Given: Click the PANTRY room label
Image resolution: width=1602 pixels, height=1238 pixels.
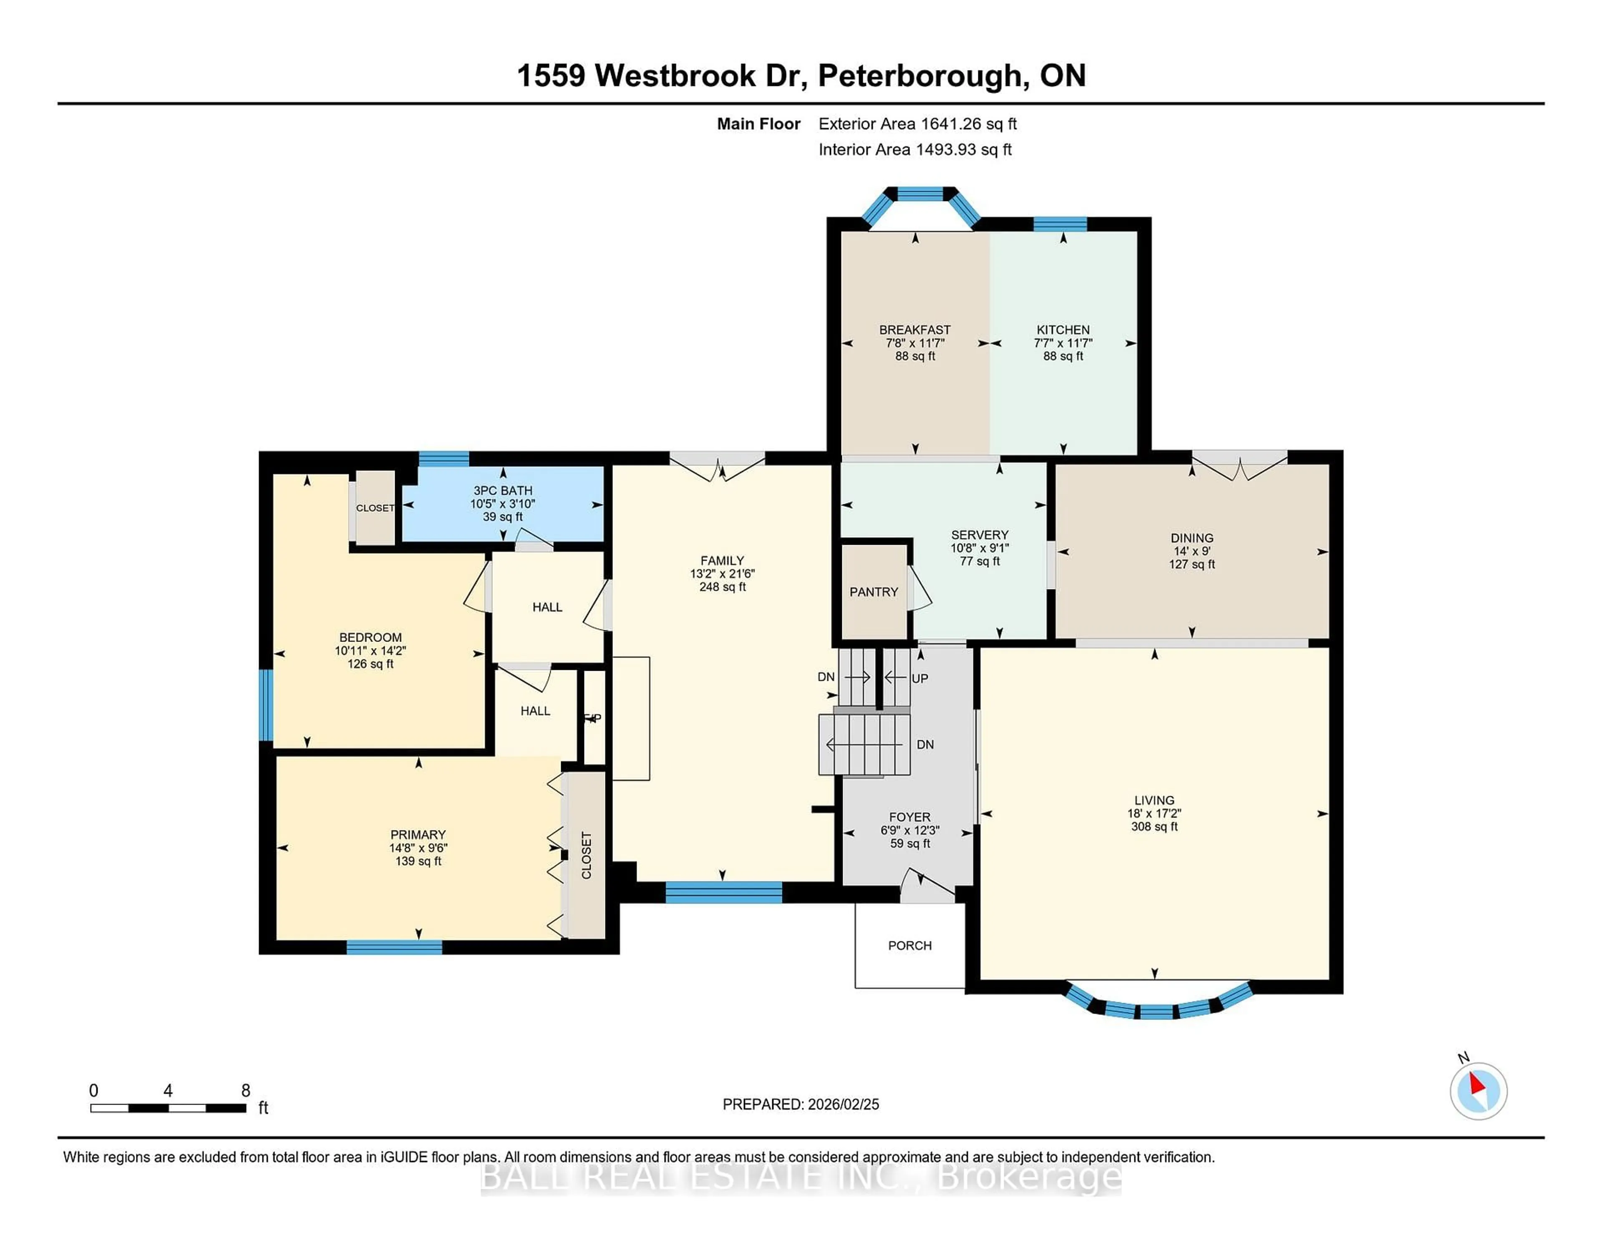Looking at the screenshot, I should click(x=874, y=592).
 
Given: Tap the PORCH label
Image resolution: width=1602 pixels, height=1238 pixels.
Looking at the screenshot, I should click(x=909, y=945).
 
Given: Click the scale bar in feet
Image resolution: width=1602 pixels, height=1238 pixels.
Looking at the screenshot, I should click(x=168, y=1107).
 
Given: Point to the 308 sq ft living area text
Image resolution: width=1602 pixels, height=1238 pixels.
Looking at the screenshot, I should click(x=1154, y=827).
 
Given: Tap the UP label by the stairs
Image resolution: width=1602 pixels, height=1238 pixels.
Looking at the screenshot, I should click(x=920, y=678).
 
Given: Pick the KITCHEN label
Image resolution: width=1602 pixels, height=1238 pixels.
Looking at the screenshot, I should click(x=1063, y=330).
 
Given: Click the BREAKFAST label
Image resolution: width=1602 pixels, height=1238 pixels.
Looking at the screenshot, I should click(x=915, y=330).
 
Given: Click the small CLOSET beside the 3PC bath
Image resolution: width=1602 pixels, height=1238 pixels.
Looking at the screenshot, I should click(x=375, y=508).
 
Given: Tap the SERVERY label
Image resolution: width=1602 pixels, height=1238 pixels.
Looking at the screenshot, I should click(x=979, y=535).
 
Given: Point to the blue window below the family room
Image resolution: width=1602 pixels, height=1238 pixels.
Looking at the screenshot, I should click(x=723, y=892).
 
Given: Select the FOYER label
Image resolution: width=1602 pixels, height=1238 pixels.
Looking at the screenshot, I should click(x=909, y=817).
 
